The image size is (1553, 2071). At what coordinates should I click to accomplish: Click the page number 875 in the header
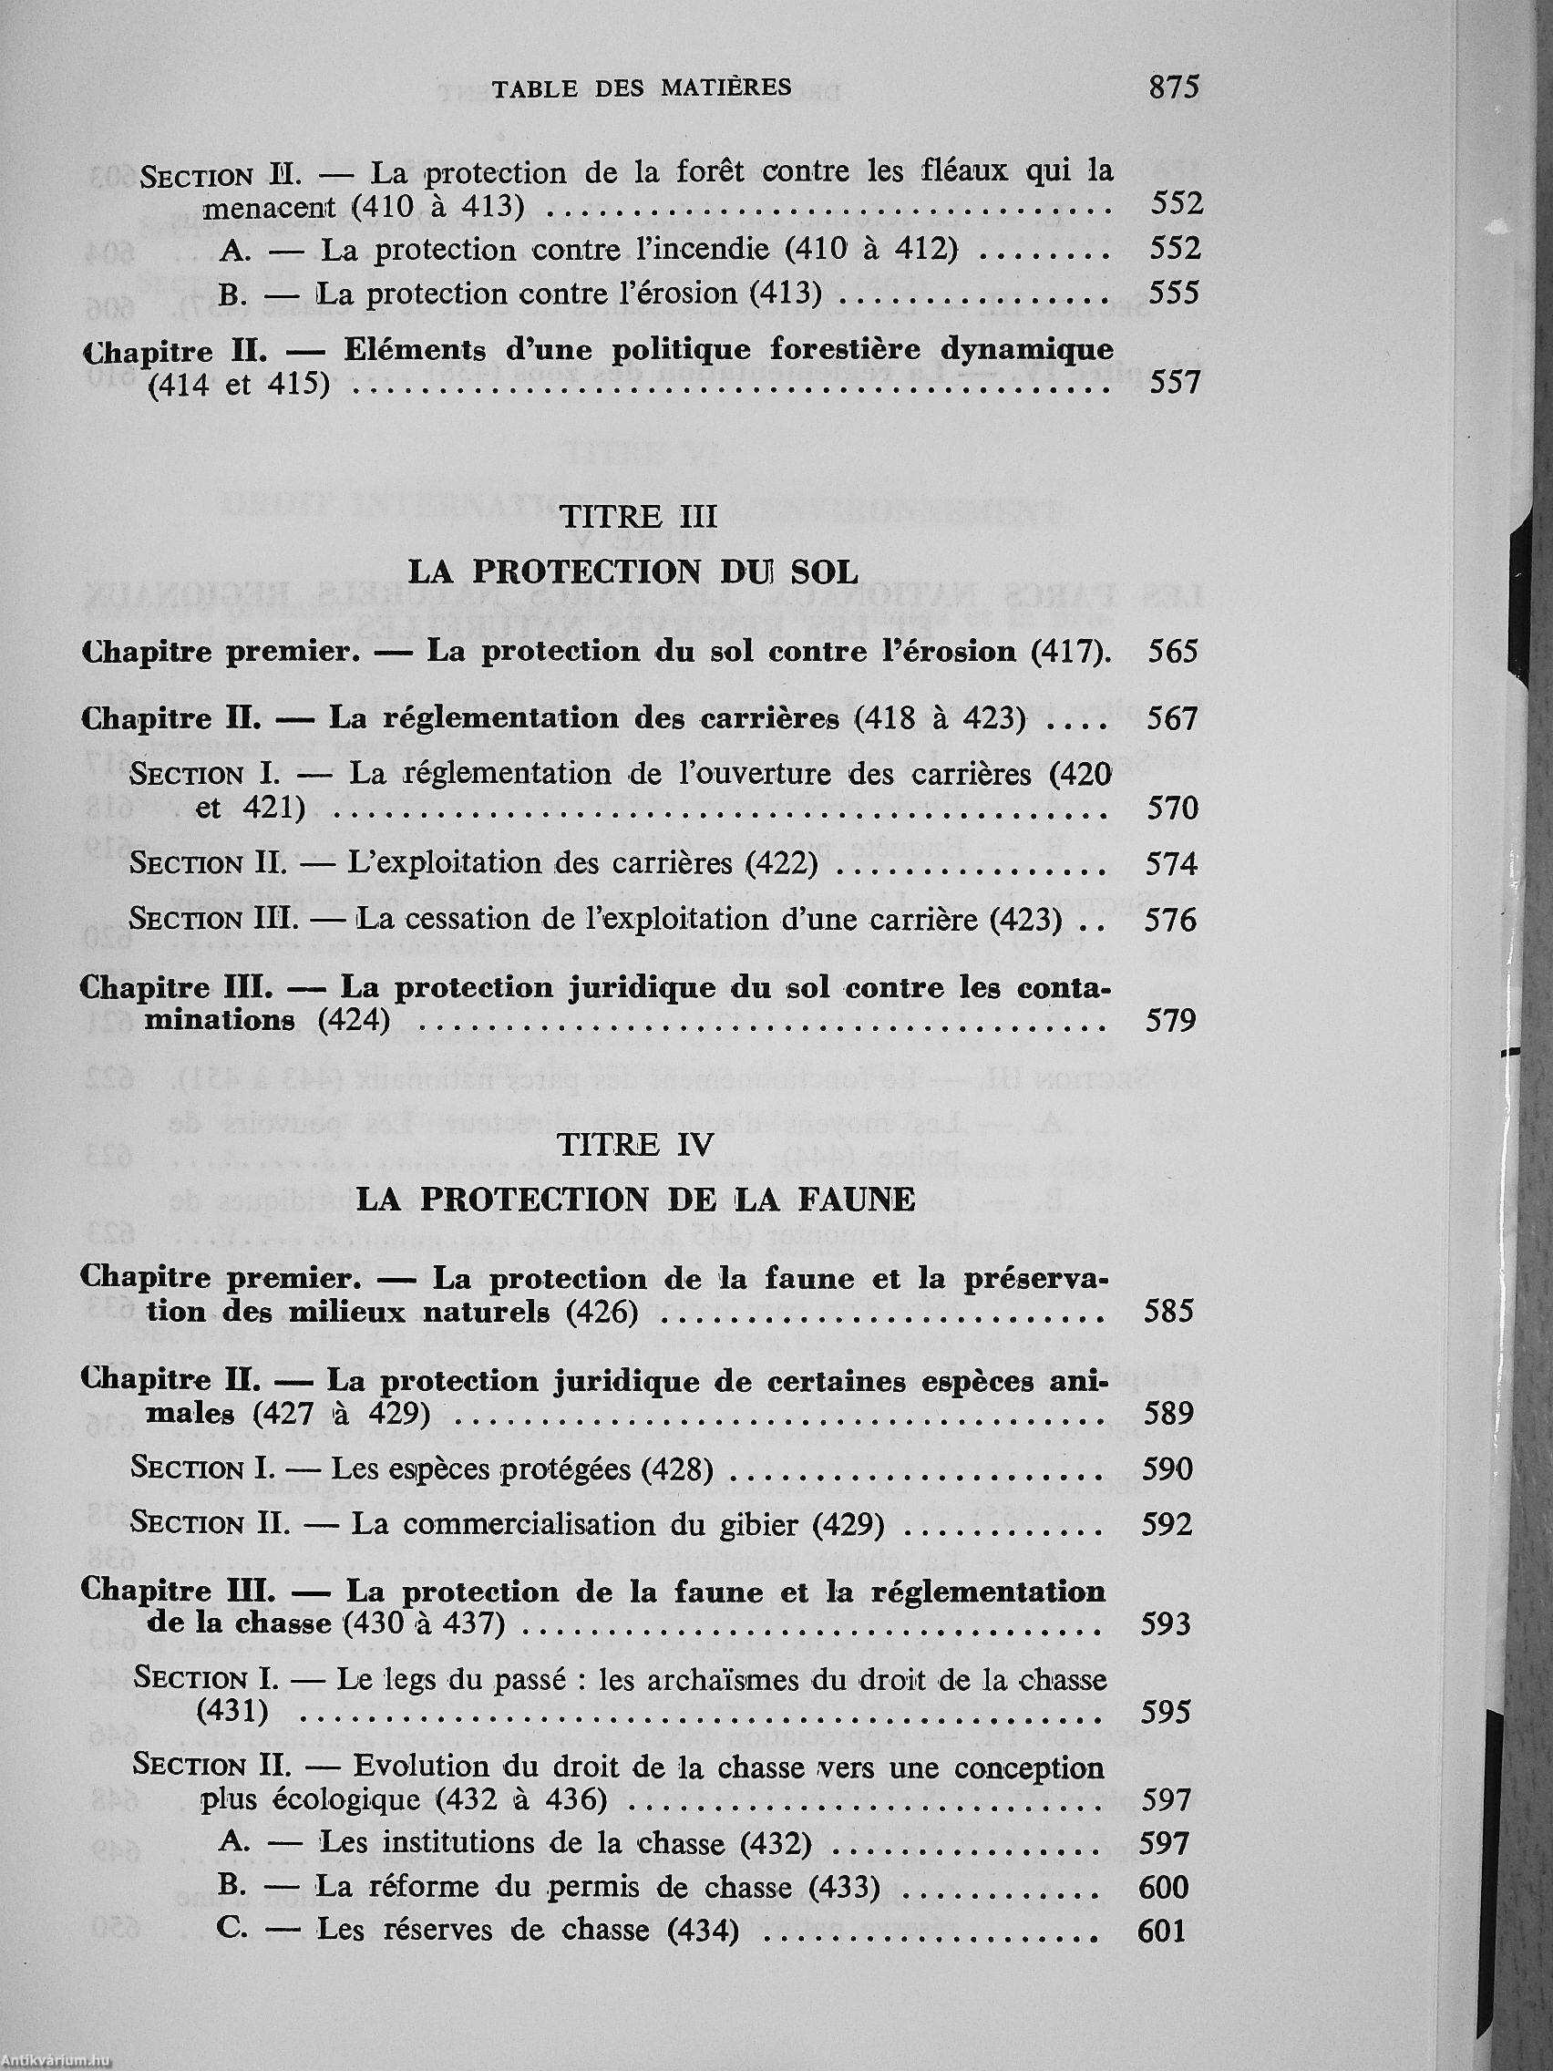pos(1173,88)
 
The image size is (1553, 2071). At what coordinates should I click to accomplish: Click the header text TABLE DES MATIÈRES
pos(642,88)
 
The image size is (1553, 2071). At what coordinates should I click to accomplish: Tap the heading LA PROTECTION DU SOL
pos(635,571)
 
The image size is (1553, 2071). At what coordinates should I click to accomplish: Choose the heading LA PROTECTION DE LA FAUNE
pos(636,1200)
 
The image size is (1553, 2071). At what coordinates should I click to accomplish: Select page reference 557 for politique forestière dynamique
pos(1175,383)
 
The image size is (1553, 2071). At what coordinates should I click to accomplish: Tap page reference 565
pos(1173,651)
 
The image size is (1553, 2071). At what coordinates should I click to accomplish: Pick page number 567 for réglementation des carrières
pos(1173,718)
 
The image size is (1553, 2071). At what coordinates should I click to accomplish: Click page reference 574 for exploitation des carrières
pos(1172,863)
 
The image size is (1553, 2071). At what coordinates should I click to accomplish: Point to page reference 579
pos(1172,1020)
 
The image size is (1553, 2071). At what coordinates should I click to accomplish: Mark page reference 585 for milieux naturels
pos(1169,1311)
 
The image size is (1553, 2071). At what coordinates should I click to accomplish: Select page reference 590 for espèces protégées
pos(1167,1468)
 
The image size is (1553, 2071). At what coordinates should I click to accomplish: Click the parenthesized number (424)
pos(354,1020)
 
